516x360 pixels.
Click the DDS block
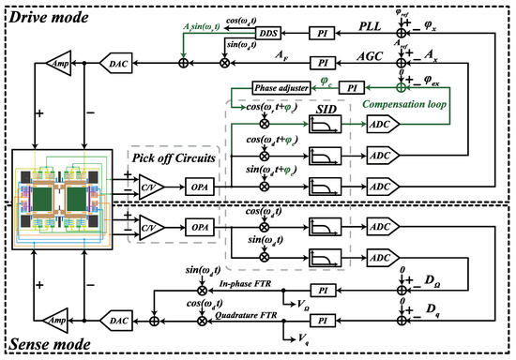[x=267, y=33]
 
